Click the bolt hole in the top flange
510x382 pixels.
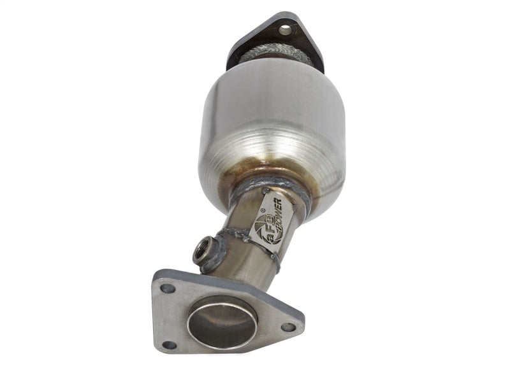tap(284, 29)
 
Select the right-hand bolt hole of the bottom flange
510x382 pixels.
tap(288, 327)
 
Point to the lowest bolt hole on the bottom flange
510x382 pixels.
tap(169, 345)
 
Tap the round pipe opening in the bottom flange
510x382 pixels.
tap(222, 323)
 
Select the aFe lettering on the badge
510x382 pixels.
tap(263, 234)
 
